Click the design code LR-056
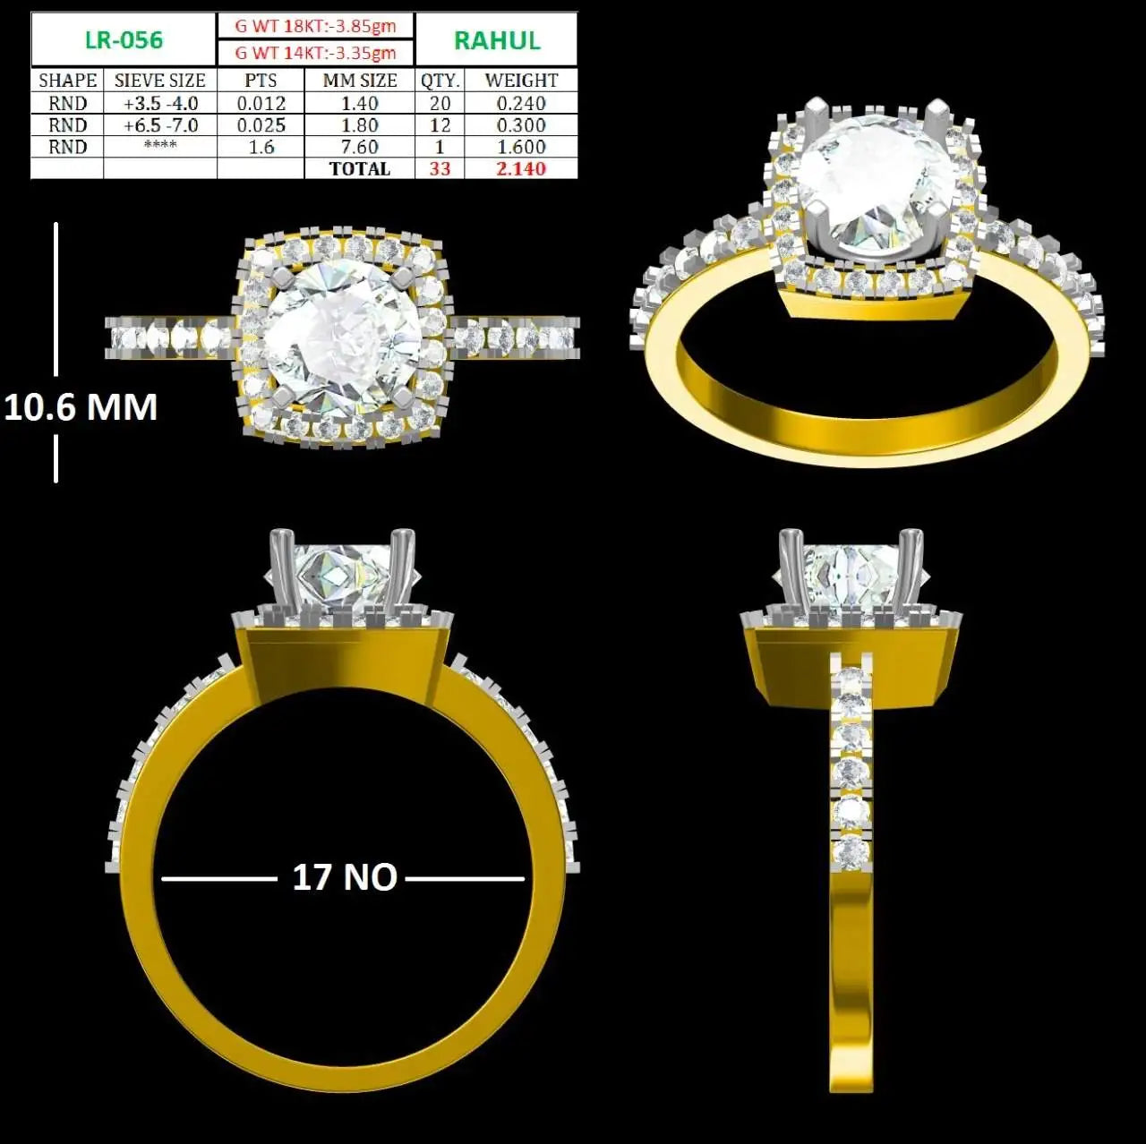click(x=124, y=40)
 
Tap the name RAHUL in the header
click(x=497, y=40)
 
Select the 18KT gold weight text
click(x=316, y=26)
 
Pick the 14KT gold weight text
click(x=316, y=53)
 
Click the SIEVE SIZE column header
click(x=160, y=81)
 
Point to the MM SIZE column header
click(x=360, y=81)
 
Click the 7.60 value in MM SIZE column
click(x=360, y=147)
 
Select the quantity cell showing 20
click(x=440, y=104)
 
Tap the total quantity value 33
click(x=440, y=169)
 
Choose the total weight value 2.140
click(x=521, y=169)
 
